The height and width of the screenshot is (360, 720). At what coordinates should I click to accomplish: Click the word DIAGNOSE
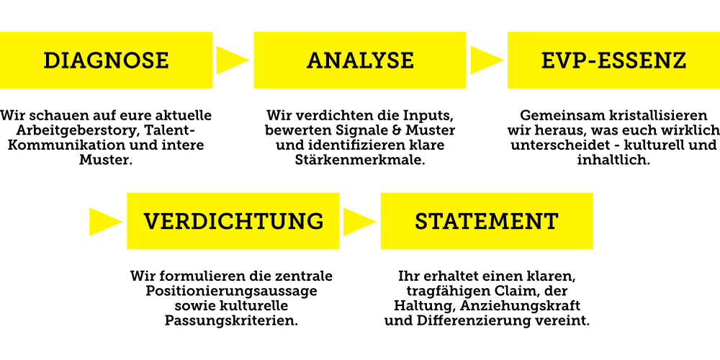click(106, 60)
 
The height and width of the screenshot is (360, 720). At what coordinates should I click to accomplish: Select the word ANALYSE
click(360, 60)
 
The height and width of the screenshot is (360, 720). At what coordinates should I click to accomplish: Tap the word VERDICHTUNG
click(233, 222)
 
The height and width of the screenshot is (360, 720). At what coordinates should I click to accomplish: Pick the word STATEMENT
click(487, 222)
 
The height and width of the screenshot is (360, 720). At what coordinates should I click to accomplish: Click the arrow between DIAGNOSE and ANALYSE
click(231, 60)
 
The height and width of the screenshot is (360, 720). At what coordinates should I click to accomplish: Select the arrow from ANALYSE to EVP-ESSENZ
click(485, 60)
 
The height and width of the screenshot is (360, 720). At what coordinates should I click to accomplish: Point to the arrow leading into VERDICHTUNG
click(104, 222)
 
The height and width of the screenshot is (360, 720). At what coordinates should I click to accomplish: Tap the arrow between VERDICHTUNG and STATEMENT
click(358, 222)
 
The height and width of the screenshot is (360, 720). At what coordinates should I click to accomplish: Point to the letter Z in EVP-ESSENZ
click(678, 60)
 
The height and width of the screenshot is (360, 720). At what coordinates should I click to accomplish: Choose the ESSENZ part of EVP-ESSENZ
click(642, 60)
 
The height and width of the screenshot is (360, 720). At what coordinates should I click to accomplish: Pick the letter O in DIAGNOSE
click(127, 60)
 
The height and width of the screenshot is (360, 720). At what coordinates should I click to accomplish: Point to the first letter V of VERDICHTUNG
click(151, 222)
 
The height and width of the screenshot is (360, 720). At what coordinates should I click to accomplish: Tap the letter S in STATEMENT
click(422, 222)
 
